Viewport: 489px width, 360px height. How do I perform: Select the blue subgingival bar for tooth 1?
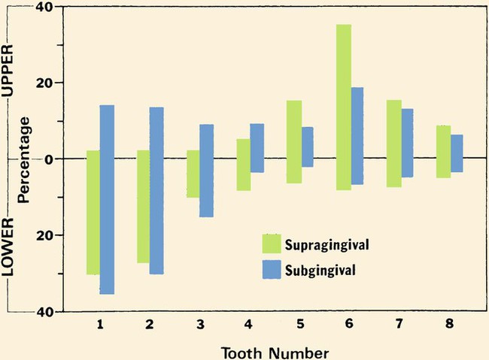point(107,199)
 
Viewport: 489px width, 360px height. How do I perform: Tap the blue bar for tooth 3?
point(206,171)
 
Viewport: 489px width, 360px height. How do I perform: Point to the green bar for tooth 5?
point(293,142)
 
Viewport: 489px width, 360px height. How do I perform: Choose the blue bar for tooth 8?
point(457,153)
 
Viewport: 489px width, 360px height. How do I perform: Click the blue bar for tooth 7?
point(407,143)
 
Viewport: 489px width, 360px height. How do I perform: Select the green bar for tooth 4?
point(243,165)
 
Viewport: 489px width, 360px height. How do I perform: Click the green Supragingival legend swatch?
point(272,244)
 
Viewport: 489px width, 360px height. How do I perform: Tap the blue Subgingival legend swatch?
point(272,268)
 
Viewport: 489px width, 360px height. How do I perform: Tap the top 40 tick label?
point(45,8)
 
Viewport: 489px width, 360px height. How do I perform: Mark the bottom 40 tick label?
point(45,312)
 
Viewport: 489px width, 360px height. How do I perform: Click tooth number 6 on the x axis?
point(350,324)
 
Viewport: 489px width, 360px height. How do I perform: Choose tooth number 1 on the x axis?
point(100,324)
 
